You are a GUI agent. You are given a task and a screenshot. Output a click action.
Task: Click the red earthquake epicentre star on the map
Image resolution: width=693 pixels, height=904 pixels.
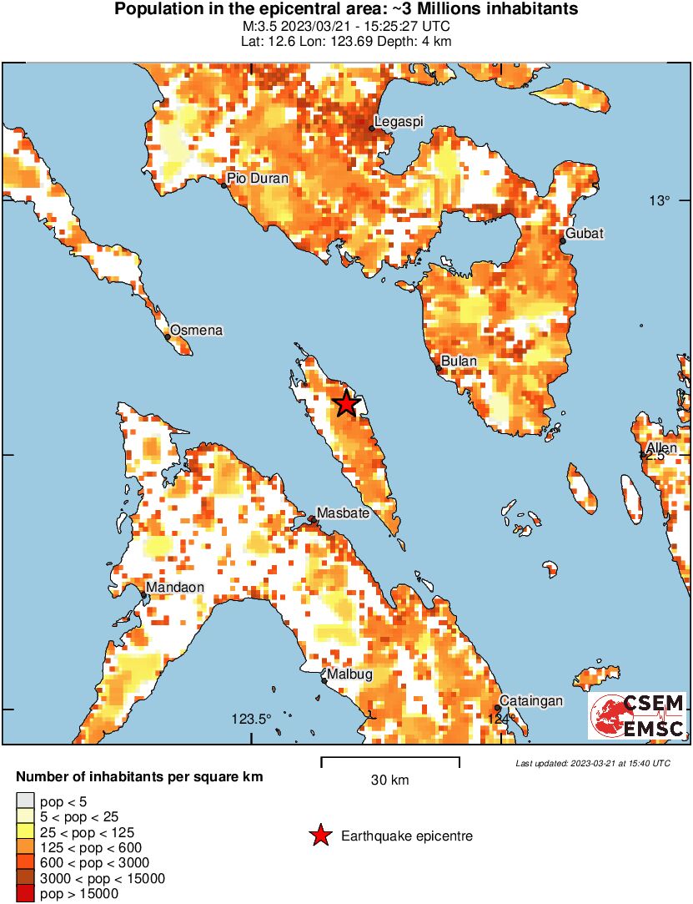pyautogui.click(x=346, y=404)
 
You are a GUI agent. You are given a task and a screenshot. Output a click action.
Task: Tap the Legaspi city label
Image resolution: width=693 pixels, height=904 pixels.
pyautogui.click(x=399, y=122)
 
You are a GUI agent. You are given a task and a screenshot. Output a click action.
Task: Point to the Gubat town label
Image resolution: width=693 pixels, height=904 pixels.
pyautogui.click(x=585, y=233)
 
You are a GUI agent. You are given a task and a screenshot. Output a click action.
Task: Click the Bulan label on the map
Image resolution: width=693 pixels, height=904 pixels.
pyautogui.click(x=459, y=361)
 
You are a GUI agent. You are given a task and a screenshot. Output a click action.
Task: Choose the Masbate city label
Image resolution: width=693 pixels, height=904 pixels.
pyautogui.click(x=343, y=513)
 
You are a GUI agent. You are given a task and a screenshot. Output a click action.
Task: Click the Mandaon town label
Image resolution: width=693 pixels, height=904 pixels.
pyautogui.click(x=175, y=588)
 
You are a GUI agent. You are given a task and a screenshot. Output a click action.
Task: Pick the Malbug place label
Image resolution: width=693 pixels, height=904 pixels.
pyautogui.click(x=349, y=674)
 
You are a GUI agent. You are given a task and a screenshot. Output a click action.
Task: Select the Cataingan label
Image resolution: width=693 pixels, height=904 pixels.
pyautogui.click(x=531, y=701)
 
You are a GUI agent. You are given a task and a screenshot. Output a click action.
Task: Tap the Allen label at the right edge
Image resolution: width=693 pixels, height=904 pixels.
pyautogui.click(x=662, y=449)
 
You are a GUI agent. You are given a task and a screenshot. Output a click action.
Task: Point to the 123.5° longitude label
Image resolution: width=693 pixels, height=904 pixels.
pyautogui.click(x=253, y=720)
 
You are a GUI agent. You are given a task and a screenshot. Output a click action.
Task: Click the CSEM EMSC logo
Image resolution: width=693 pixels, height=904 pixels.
pyautogui.click(x=637, y=715)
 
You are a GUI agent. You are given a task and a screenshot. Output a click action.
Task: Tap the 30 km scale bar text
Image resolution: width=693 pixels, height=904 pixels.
pyautogui.click(x=389, y=781)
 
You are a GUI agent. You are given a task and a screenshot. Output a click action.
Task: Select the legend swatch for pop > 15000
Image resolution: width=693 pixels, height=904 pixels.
pyautogui.click(x=24, y=894)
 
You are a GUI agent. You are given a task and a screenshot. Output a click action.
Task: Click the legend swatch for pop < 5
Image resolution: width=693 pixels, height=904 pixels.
pyautogui.click(x=24, y=802)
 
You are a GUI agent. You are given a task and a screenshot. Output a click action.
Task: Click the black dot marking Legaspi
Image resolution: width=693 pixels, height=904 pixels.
pyautogui.click(x=372, y=129)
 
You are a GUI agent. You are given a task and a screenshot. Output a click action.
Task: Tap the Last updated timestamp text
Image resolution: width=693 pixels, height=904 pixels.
pyautogui.click(x=593, y=763)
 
